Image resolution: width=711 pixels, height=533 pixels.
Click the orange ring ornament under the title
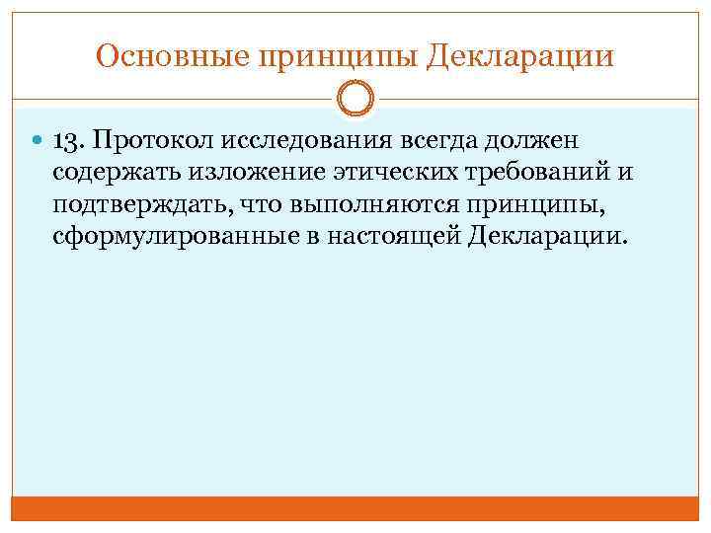[x=355, y=99]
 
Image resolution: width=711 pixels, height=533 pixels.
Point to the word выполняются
[x=359, y=205]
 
